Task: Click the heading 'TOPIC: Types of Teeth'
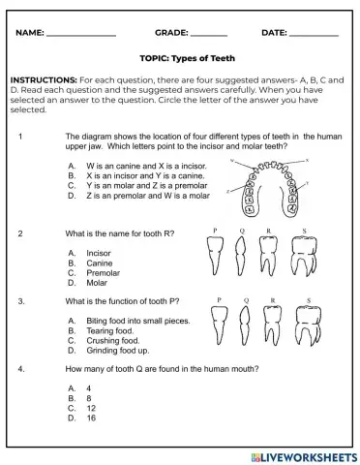pyautogui.click(x=180, y=58)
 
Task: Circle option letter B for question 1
pyautogui.click(x=72, y=176)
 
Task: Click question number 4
pyautogui.click(x=21, y=369)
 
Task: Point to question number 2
pyautogui.click(x=21, y=233)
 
